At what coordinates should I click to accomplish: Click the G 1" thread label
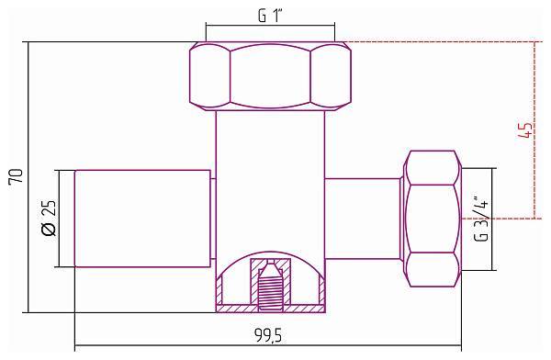click(x=271, y=16)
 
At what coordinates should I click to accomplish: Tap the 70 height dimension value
click(x=16, y=175)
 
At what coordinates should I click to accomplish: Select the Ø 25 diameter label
click(x=48, y=219)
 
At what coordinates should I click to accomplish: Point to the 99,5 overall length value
click(x=268, y=335)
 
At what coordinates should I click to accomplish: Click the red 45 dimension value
click(x=525, y=130)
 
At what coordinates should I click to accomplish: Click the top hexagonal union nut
click(x=270, y=76)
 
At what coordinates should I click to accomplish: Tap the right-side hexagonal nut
click(x=432, y=219)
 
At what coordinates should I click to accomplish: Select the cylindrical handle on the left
click(x=142, y=219)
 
